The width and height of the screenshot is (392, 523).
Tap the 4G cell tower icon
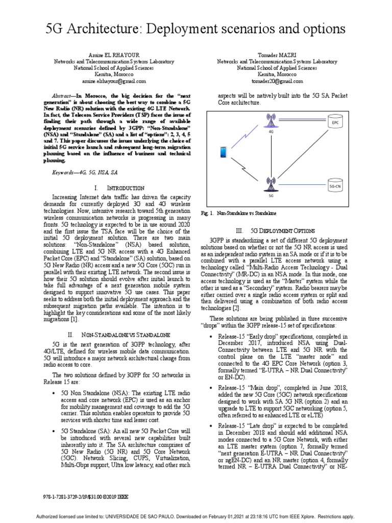[x=269, y=121]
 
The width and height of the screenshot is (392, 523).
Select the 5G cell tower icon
[x=269, y=183]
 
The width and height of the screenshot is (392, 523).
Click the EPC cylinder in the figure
[x=335, y=123]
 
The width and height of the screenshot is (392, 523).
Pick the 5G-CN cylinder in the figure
[x=335, y=185]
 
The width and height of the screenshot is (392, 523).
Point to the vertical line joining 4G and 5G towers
[x=269, y=153]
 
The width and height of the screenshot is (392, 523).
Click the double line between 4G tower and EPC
[x=301, y=122]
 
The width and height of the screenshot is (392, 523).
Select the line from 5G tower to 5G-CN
[x=301, y=185]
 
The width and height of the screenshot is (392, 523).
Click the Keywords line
[x=85, y=173]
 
